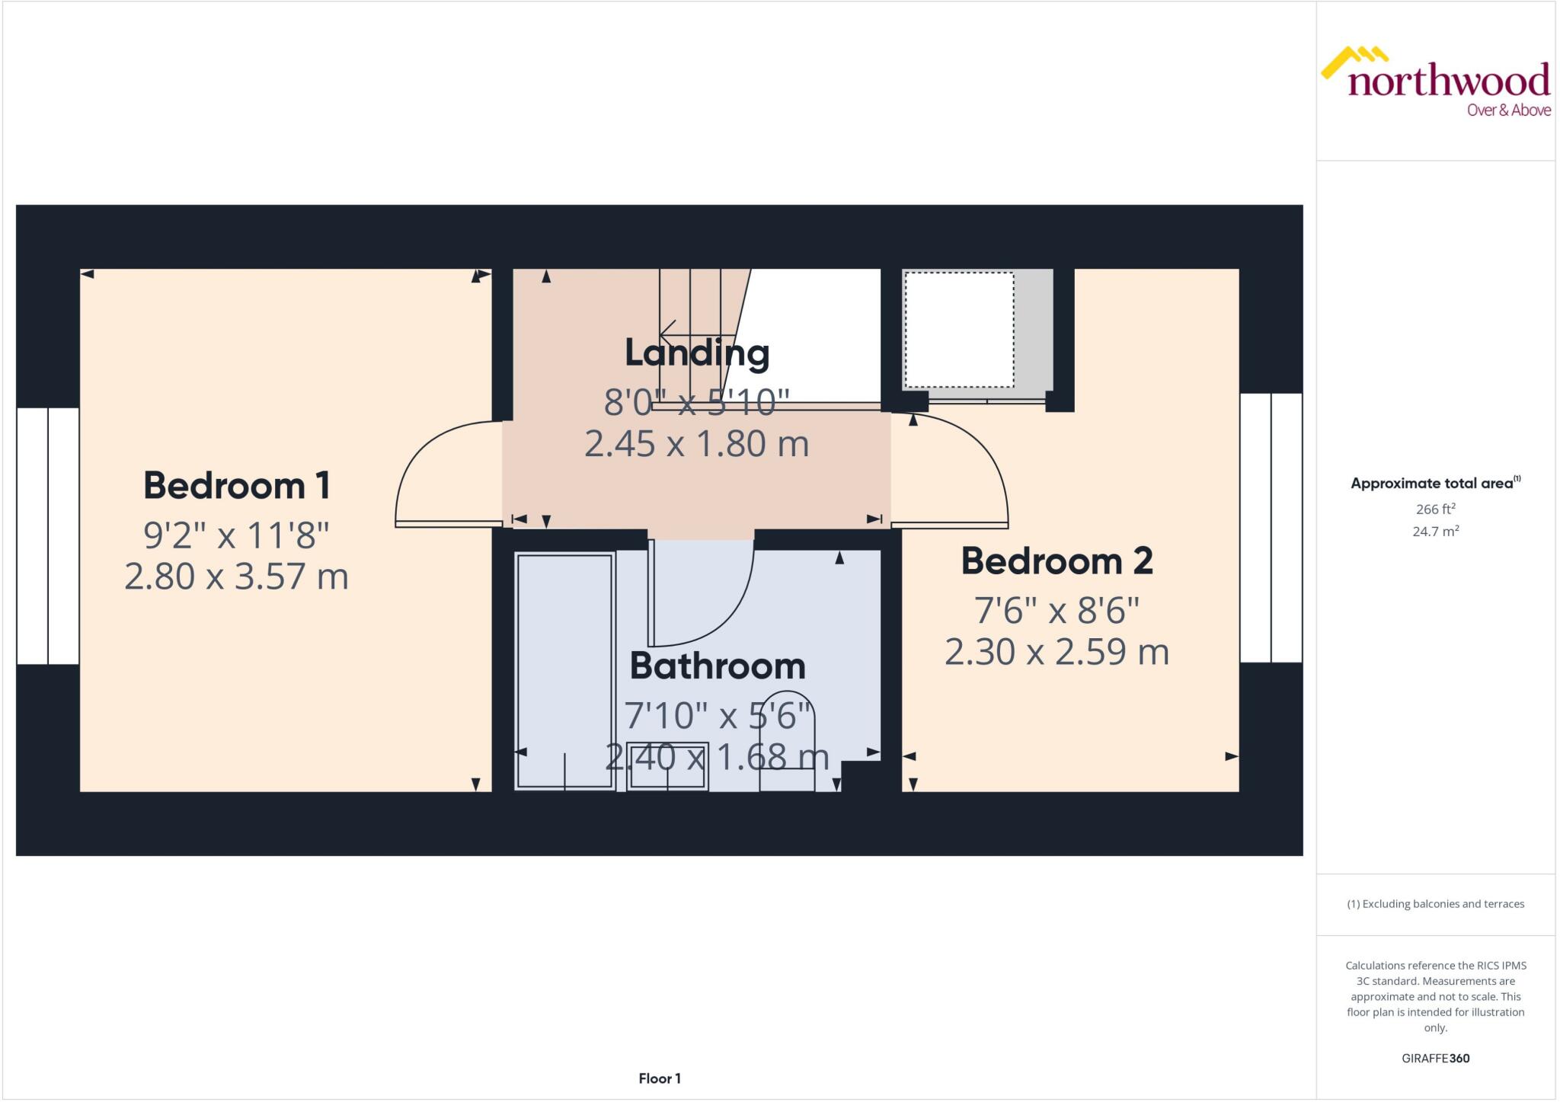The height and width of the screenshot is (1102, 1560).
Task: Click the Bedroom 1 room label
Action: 236,486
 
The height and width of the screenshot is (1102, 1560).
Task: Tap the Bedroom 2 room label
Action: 1057,561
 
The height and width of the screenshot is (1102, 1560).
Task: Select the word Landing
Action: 696,353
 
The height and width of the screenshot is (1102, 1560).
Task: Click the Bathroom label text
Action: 717,666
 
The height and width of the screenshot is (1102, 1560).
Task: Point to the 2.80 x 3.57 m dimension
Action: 236,577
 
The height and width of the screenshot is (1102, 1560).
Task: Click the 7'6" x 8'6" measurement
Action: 1057,610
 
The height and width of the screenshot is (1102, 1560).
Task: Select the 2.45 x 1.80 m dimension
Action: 696,444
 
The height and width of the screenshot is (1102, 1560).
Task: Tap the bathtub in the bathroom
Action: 564,670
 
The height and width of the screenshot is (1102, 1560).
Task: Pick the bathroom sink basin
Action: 668,766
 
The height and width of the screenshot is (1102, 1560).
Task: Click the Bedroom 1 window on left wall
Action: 47,535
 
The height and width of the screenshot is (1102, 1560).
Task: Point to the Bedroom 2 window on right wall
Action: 1271,527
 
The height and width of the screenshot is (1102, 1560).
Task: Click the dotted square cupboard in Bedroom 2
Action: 959,330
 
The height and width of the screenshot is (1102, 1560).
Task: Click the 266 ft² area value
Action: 1435,509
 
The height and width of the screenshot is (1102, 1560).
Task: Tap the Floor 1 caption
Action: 660,1078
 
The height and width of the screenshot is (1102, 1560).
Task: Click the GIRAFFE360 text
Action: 1435,1058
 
